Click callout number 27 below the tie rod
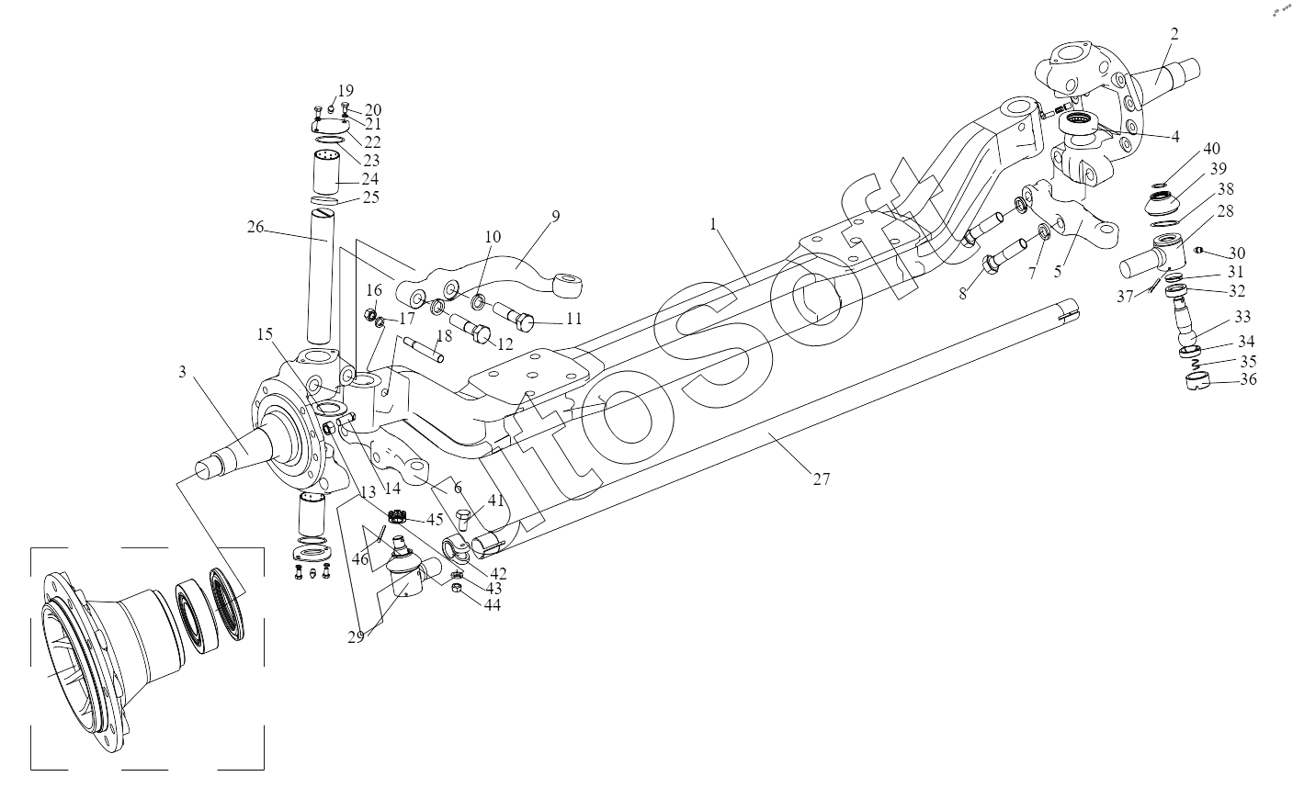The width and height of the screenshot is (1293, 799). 821,478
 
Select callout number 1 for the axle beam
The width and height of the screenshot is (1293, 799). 713,224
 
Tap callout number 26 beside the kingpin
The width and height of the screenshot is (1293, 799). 255,227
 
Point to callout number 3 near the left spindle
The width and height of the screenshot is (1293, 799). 182,372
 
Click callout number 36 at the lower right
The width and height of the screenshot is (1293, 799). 1248,379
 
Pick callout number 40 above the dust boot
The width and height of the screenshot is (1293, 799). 1211,149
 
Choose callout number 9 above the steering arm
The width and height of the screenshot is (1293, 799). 555,217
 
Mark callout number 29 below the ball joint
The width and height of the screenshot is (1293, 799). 357,637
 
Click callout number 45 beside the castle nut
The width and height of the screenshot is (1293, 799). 435,519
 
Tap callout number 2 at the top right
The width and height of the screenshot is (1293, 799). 1174,33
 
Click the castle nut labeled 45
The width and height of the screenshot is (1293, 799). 397,516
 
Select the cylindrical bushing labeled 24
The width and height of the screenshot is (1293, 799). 326,173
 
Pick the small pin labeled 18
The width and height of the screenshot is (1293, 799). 425,350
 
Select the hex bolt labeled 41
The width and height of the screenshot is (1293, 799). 464,519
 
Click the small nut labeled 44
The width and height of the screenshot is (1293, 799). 455,588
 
